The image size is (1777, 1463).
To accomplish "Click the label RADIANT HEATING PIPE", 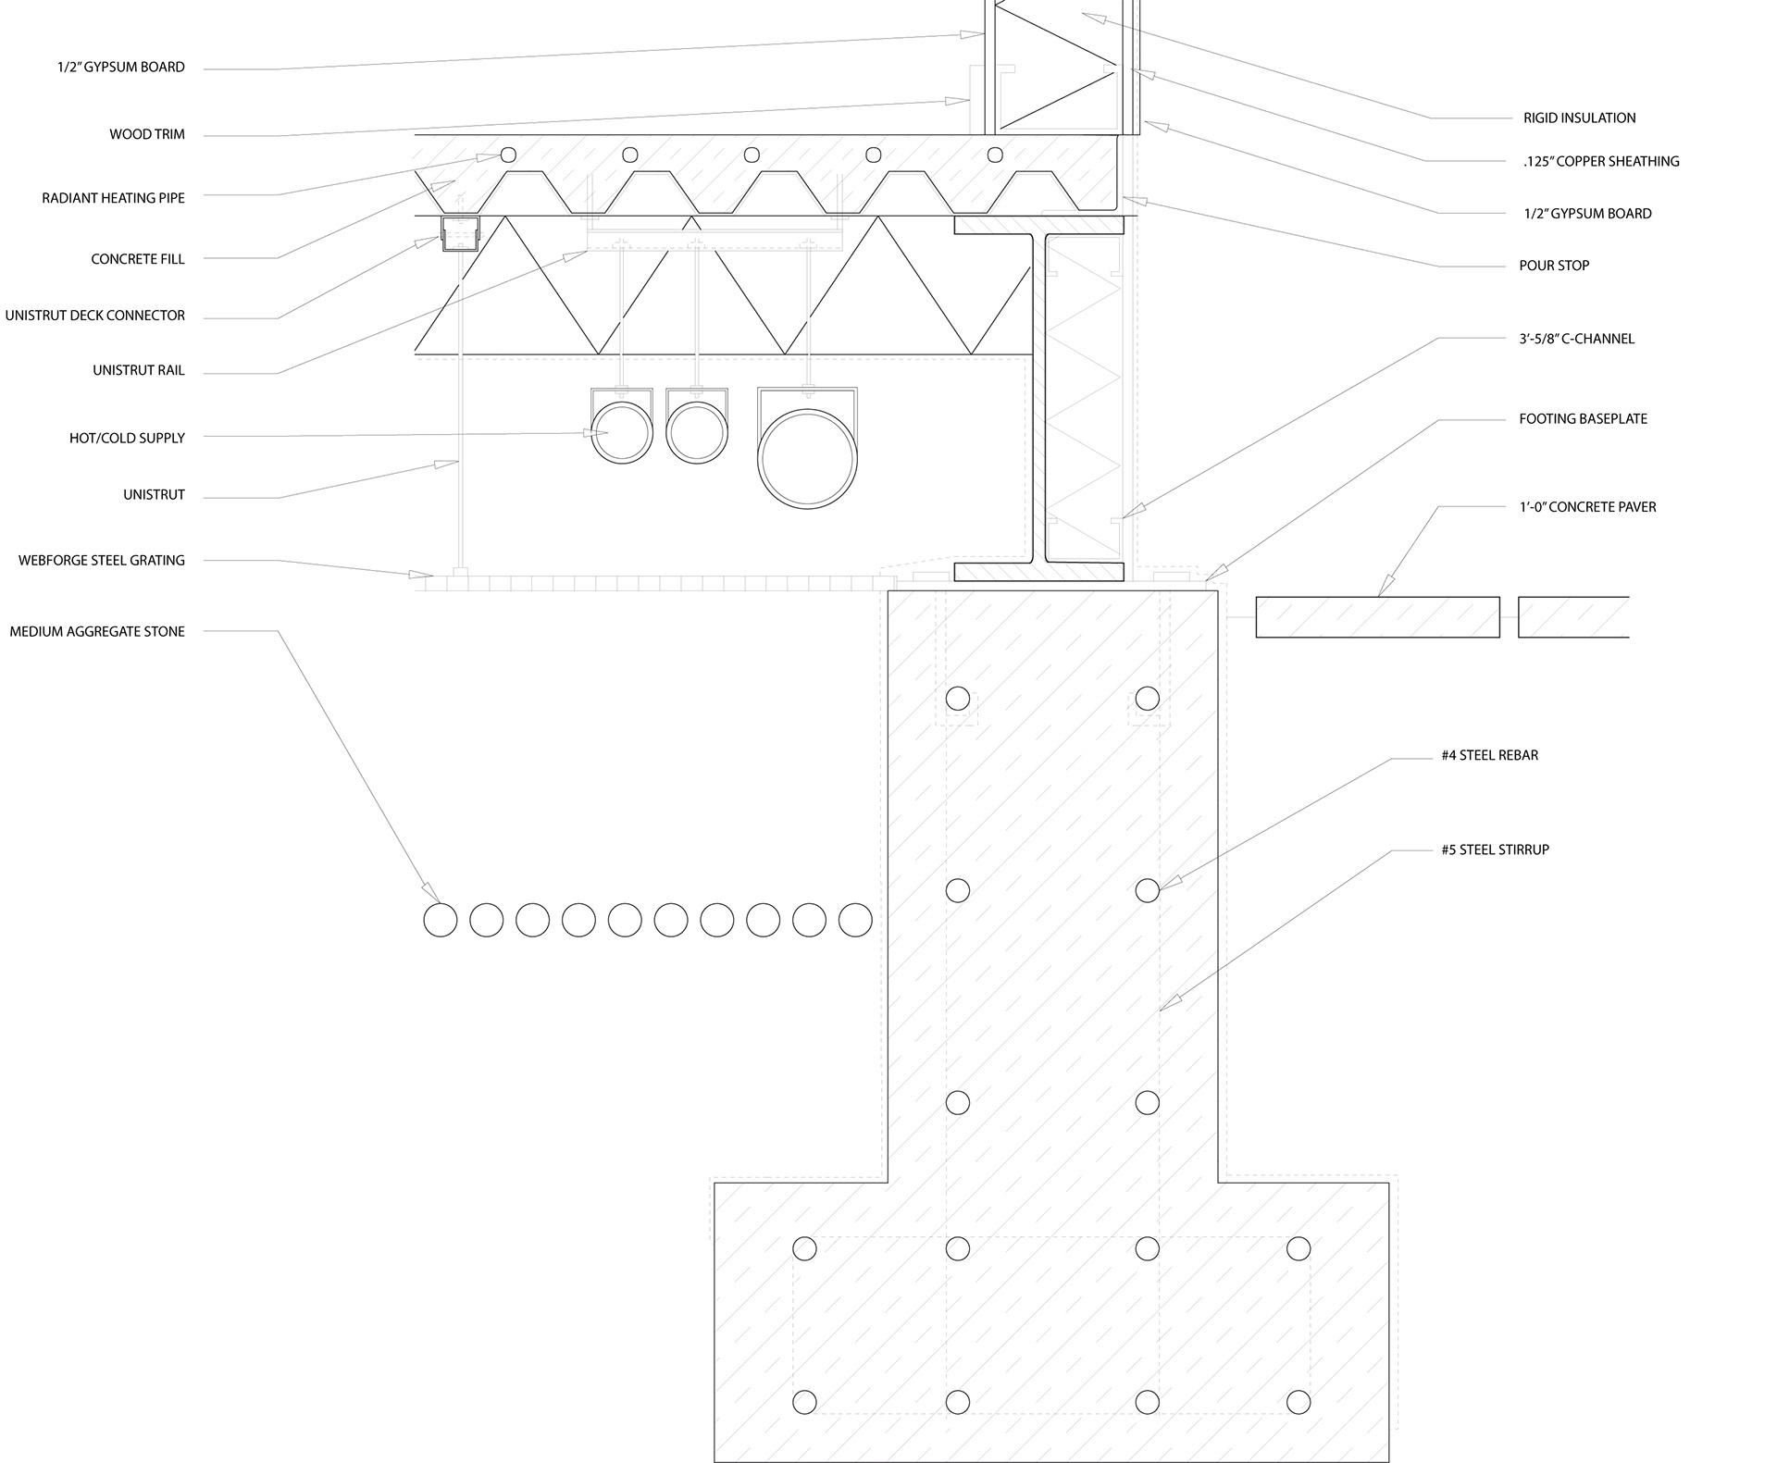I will pyautogui.click(x=113, y=198).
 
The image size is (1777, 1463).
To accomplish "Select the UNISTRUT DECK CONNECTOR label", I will pyautogui.click(x=94, y=316).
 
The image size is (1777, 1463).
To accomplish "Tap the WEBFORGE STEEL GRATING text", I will pyautogui.click(x=102, y=561).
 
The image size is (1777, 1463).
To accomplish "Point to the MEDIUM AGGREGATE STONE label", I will pyautogui.click(x=97, y=632).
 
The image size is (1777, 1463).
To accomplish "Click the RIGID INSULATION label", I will pyautogui.click(x=1579, y=118).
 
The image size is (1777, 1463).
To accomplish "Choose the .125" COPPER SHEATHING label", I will pyautogui.click(x=1600, y=162).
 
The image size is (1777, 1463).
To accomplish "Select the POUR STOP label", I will pyautogui.click(x=1554, y=266).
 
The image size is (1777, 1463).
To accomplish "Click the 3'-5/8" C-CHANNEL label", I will pyautogui.click(x=1576, y=339).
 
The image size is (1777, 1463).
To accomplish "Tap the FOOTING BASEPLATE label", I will pyautogui.click(x=1583, y=419).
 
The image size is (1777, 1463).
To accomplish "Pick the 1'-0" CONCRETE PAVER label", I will pyautogui.click(x=1587, y=507).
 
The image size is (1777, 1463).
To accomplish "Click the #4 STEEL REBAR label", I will pyautogui.click(x=1489, y=756).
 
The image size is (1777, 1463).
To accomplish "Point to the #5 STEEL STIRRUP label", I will pyautogui.click(x=1495, y=849).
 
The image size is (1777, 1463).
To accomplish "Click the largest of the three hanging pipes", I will pyautogui.click(x=807, y=458).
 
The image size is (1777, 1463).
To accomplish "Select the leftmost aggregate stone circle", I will pyautogui.click(x=441, y=920).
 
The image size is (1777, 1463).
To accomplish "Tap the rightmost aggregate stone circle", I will pyautogui.click(x=855, y=920).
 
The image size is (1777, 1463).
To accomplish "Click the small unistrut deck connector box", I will pyautogui.click(x=460, y=235).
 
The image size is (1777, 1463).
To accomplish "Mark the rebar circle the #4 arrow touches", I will pyautogui.click(x=1147, y=890).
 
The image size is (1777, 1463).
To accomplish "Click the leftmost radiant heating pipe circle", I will pyautogui.click(x=507, y=155).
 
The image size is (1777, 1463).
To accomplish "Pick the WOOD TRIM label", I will pyautogui.click(x=147, y=135).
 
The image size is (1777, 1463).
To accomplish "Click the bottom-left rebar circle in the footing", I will pyautogui.click(x=804, y=1402).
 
